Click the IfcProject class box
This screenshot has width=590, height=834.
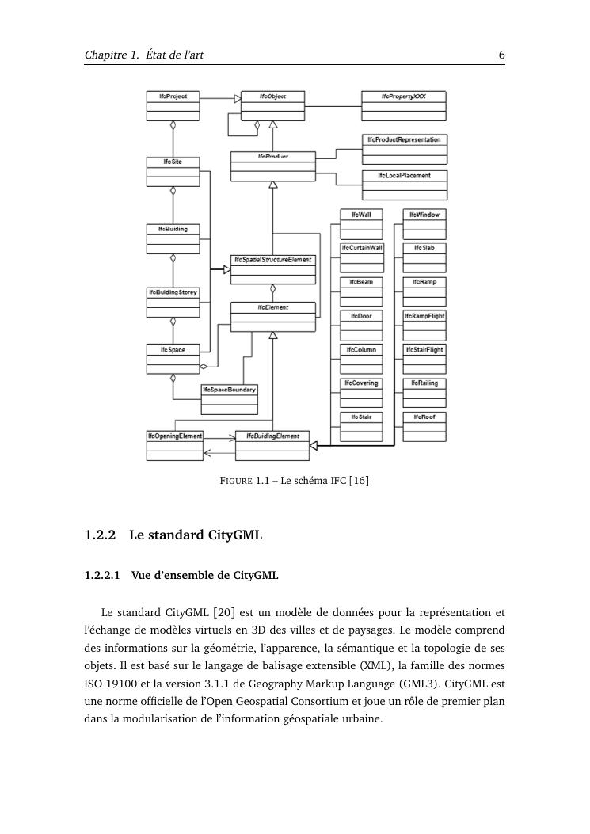tap(173, 105)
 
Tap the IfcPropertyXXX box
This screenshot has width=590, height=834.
tap(403, 105)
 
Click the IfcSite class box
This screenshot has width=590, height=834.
tap(173, 171)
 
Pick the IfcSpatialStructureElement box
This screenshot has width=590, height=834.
tap(272, 268)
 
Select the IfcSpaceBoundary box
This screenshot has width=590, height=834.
tap(229, 398)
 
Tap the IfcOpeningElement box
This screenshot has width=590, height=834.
tap(175, 445)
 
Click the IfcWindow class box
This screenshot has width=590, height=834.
tap(424, 224)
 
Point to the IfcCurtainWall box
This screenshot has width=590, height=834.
tap(362, 257)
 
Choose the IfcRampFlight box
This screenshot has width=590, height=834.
tap(424, 325)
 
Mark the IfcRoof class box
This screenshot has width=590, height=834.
tap(424, 426)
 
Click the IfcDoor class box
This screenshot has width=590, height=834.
tap(362, 325)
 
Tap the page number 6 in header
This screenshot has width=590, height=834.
tap(502, 55)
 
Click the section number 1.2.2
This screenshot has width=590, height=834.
tap(100, 535)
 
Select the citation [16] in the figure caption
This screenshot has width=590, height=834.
tap(360, 481)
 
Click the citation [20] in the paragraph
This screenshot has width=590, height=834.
tap(224, 612)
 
